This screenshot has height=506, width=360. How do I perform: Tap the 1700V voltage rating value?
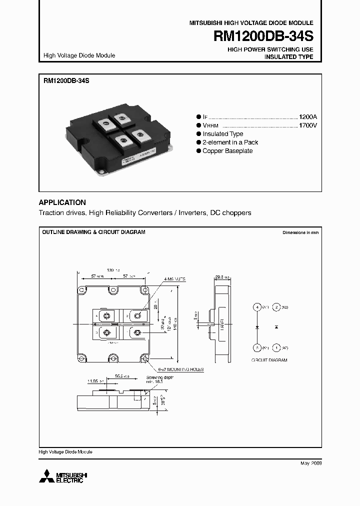[308, 125]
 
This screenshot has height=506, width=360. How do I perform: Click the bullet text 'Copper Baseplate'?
[227, 151]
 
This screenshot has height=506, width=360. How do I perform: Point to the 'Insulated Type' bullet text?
[222, 134]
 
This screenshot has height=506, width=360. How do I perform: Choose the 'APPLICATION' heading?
[62, 202]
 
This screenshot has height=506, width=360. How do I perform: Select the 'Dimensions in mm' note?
[300, 233]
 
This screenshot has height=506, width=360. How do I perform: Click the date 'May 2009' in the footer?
[311, 463]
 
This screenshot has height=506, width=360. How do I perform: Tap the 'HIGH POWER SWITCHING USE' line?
[270, 49]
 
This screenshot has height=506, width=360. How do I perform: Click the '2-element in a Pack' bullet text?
[230, 142]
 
